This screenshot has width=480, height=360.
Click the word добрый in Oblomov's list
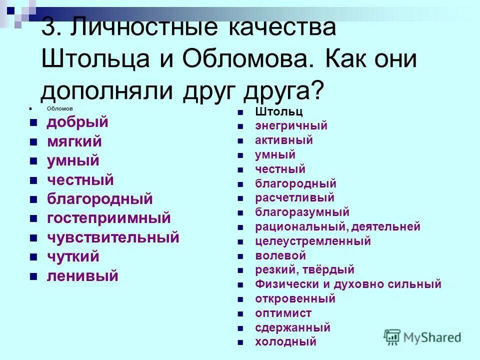(x=77, y=122)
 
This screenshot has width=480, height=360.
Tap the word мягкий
(x=74, y=141)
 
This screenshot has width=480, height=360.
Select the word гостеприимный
(x=108, y=218)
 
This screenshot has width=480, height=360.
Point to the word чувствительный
(x=112, y=237)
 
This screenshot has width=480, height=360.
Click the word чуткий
(x=73, y=256)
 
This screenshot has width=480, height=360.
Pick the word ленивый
(x=82, y=276)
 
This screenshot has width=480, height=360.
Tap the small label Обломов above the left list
(x=59, y=108)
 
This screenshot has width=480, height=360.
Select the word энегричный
(x=291, y=126)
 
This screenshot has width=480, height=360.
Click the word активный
(x=283, y=140)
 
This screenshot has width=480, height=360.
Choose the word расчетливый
(x=294, y=198)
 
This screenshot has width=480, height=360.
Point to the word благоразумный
(x=302, y=212)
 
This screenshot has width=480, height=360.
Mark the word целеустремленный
(x=312, y=241)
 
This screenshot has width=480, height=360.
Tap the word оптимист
(x=283, y=313)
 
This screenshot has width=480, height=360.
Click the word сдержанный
(x=292, y=328)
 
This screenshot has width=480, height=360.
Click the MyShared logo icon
(x=392, y=336)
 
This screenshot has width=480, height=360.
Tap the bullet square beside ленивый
(x=33, y=276)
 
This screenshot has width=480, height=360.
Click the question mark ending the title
(x=316, y=90)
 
